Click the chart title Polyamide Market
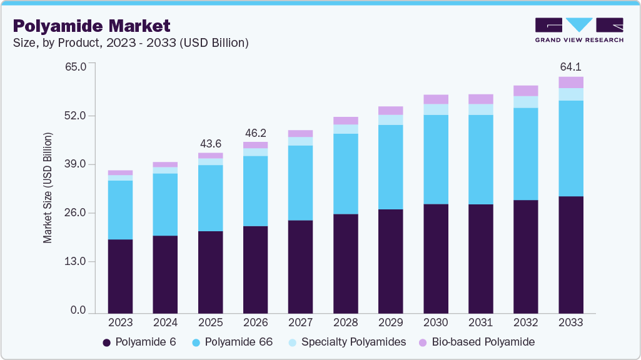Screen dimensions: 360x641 pyautogui.click(x=91, y=26)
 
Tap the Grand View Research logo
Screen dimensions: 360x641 pyautogui.click(x=578, y=30)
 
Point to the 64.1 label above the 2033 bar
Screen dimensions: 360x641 pyautogui.click(x=570, y=66)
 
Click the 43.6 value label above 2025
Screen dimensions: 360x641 pyautogui.click(x=210, y=142)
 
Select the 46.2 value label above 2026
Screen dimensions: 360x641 pyautogui.click(x=255, y=132)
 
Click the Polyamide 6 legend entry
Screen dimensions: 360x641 pyautogui.click(x=139, y=342)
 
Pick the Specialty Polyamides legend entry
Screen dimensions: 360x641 pyautogui.click(x=347, y=342)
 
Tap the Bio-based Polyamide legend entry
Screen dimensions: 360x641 pyautogui.click(x=476, y=342)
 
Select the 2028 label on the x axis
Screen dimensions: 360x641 pyautogui.click(x=345, y=323)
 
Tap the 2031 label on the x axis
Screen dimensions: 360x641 pyautogui.click(x=480, y=323)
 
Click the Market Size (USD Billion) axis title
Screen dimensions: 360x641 pyautogui.click(x=48, y=187)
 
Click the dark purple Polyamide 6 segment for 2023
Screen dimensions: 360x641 pyautogui.click(x=120, y=276)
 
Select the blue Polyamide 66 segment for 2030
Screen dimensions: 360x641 pyautogui.click(x=435, y=159)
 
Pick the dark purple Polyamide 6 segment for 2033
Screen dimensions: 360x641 pyautogui.click(x=570, y=254)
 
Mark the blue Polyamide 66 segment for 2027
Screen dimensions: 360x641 pyautogui.click(x=300, y=183)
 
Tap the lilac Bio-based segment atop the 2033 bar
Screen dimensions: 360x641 pyautogui.click(x=570, y=82)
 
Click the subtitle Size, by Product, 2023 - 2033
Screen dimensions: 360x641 pyautogui.click(x=131, y=43)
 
